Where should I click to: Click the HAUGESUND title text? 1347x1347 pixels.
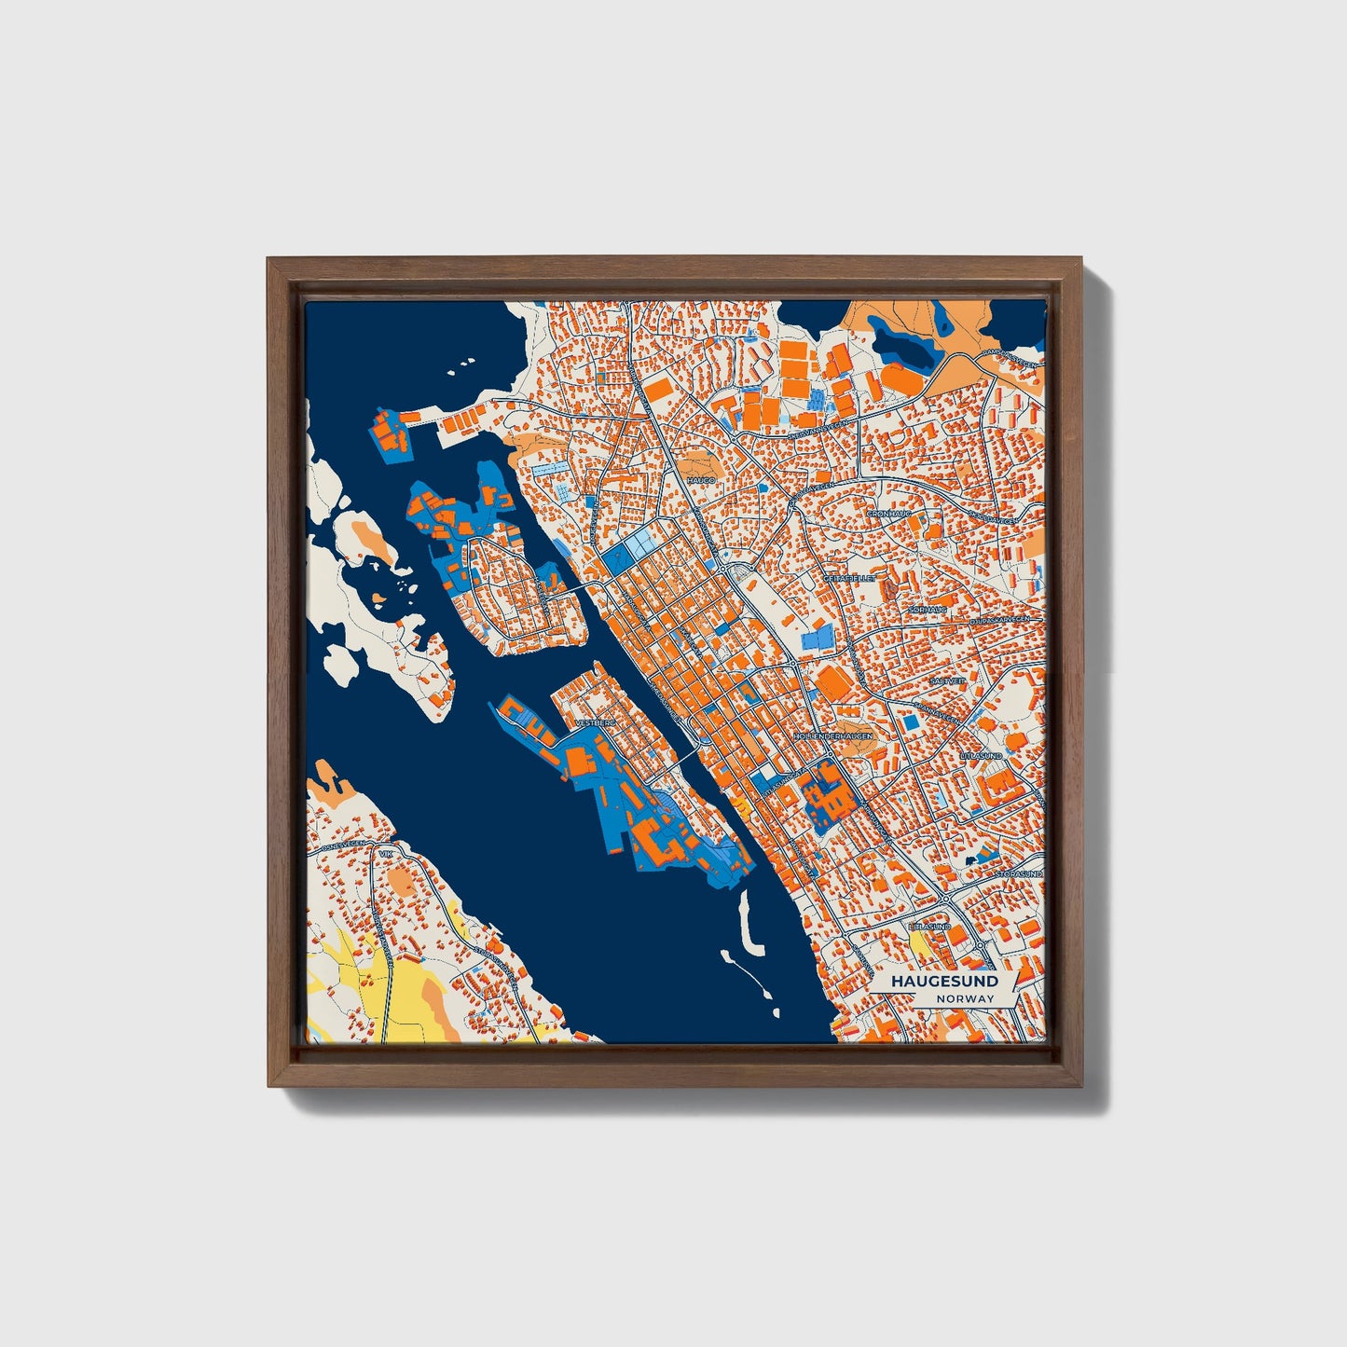[943, 981]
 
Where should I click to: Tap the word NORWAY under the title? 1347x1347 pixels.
[966, 998]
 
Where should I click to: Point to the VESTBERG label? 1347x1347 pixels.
[598, 722]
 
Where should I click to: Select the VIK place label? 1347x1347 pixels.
[388, 854]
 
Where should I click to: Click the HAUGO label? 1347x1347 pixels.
[700, 479]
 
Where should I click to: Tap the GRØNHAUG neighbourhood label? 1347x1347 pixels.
[887, 514]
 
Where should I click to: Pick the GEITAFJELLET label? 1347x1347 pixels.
[849, 578]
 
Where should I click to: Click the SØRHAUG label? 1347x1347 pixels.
[928, 610]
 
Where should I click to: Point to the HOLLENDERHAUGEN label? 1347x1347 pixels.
[834, 735]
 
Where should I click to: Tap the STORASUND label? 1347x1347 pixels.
[1018, 874]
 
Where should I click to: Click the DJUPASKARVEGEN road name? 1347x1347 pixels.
[998, 620]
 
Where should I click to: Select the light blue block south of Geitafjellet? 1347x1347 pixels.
[817, 639]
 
